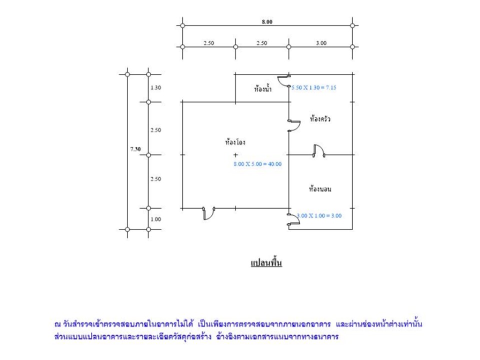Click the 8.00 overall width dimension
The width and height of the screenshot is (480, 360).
pyautogui.click(x=267, y=21)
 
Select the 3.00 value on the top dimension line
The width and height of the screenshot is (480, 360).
pyautogui.click(x=321, y=43)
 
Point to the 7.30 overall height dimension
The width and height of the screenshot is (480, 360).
pyautogui.click(x=135, y=149)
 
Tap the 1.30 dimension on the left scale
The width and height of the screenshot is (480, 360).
pyautogui.click(x=155, y=87)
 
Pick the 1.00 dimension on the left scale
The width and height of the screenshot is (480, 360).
pyautogui.click(x=155, y=219)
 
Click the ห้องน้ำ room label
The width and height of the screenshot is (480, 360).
pyautogui.click(x=262, y=89)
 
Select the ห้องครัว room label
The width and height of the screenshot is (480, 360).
pyautogui.click(x=320, y=119)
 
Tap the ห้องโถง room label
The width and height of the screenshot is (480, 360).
pyautogui.click(x=235, y=142)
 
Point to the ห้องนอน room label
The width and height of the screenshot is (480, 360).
pyautogui.click(x=320, y=189)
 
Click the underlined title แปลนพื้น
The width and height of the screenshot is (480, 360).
pyautogui.click(x=266, y=263)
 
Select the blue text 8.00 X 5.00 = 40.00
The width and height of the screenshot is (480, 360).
pyautogui.click(x=257, y=164)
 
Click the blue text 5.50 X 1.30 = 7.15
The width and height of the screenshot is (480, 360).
pyautogui.click(x=314, y=87)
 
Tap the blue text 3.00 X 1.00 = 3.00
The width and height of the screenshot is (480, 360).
pyautogui.click(x=319, y=216)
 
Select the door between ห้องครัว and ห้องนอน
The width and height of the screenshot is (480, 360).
pyautogui.click(x=319, y=150)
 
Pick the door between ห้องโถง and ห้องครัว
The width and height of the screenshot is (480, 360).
pyautogui.click(x=294, y=126)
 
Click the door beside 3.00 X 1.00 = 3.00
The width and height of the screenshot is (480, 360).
pyautogui.click(x=293, y=219)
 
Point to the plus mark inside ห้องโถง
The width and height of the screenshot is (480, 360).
pyautogui.click(x=235, y=155)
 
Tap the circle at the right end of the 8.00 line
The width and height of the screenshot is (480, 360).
pyautogui.click(x=352, y=25)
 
